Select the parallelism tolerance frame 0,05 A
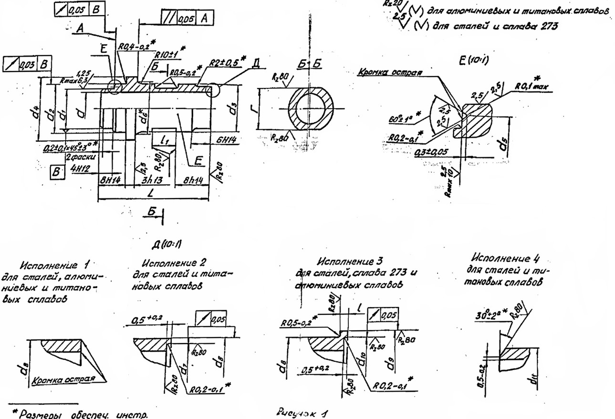187,19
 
